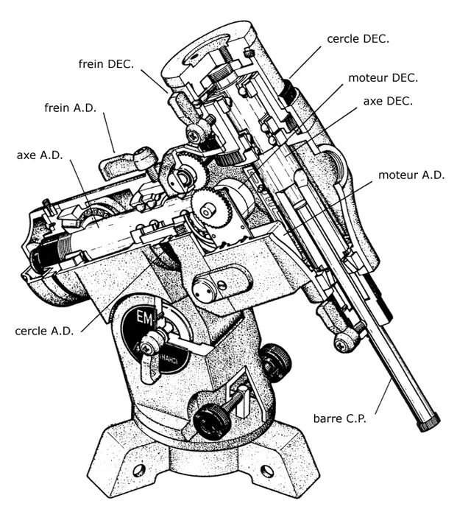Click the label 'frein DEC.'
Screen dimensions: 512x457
[106, 64]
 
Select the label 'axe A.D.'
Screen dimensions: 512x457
[40, 156]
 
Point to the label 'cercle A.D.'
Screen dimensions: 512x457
[44, 332]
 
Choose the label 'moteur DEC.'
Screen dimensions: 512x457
[383, 77]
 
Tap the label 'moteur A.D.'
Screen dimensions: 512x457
[411, 176]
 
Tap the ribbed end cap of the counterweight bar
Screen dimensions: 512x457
[428, 423]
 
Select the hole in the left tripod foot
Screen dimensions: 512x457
[138, 469]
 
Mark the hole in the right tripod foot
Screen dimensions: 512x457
[267, 471]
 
